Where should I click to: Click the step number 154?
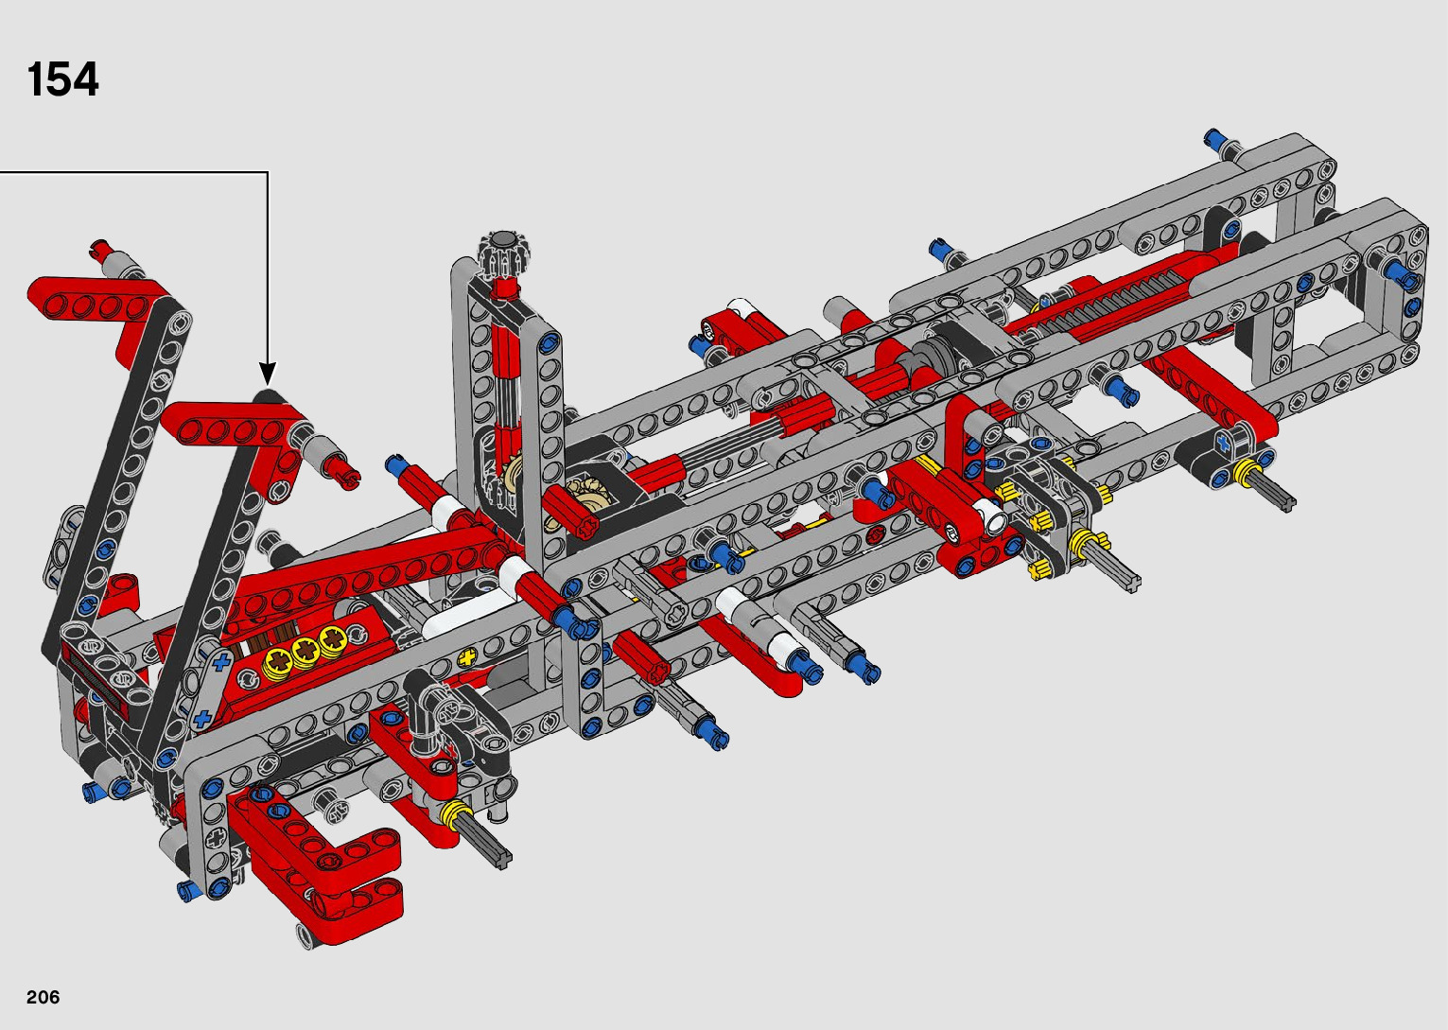[62, 79]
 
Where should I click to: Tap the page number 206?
[43, 997]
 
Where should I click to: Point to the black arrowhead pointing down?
[268, 375]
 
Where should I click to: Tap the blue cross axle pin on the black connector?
[1222, 443]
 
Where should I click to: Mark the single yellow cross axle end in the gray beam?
[466, 658]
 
